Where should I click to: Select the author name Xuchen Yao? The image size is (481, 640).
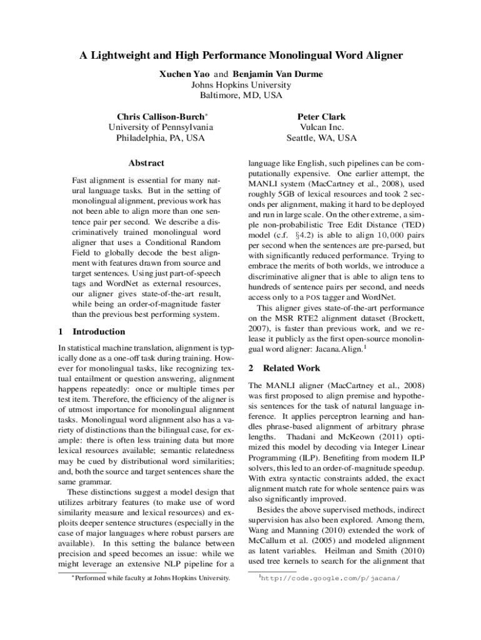(x=184, y=74)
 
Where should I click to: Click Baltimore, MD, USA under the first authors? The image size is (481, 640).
(x=241, y=96)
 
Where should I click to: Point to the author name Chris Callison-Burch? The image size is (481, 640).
(x=161, y=117)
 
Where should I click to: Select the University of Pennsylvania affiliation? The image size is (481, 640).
(x=161, y=127)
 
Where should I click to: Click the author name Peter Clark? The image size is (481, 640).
(x=321, y=117)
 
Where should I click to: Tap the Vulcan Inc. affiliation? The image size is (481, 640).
(x=321, y=127)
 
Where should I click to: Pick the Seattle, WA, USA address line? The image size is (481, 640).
(x=321, y=138)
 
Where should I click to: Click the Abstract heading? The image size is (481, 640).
(x=146, y=163)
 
